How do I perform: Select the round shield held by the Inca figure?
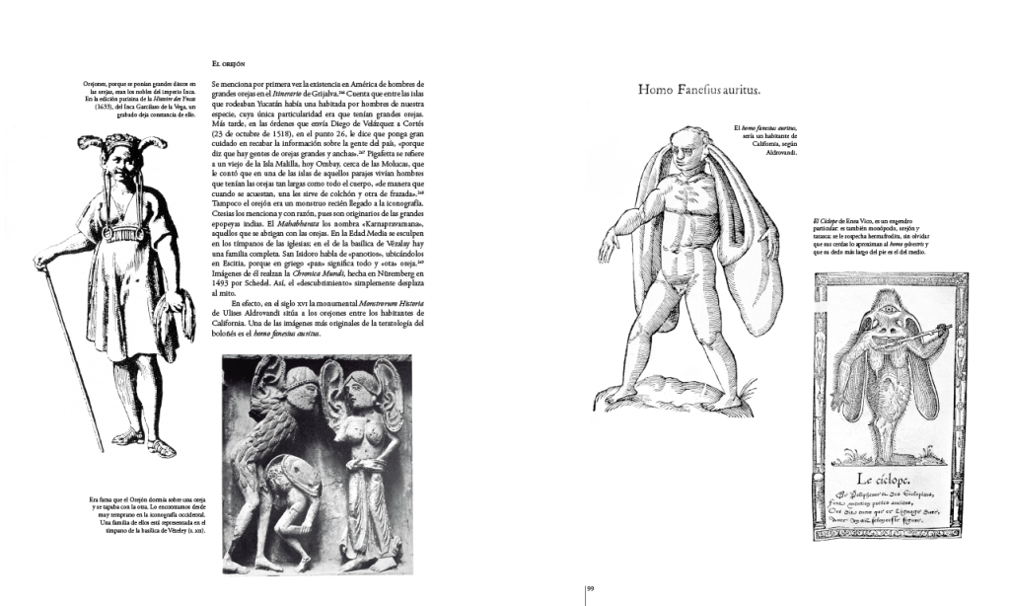point(175,322)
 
